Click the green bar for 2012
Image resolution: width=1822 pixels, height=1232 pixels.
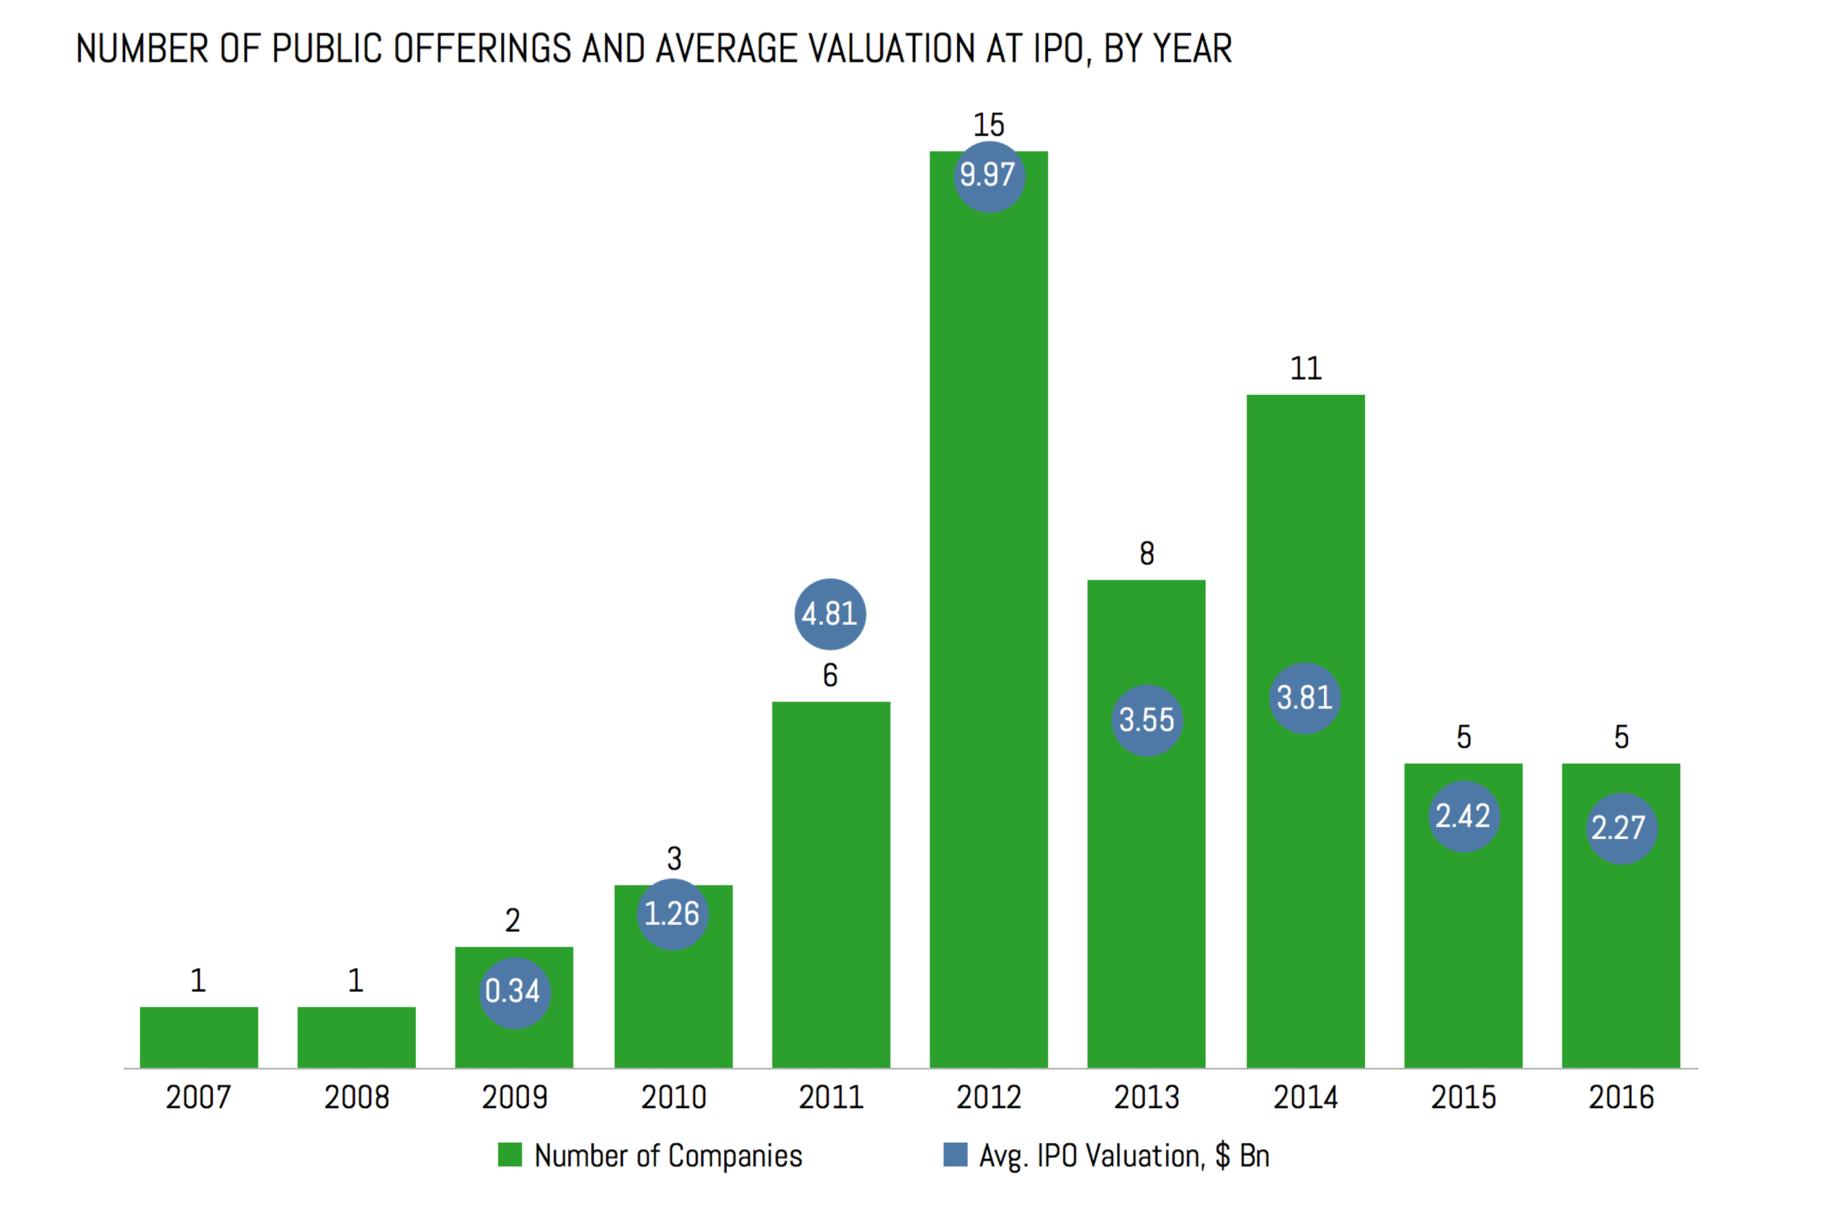coord(988,628)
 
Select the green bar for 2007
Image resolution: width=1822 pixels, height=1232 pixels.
coord(198,1037)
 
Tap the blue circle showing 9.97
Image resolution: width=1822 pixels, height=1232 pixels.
coord(988,176)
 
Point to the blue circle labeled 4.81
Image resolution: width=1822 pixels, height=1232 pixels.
coord(829,614)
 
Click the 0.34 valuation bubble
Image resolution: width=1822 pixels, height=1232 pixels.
coord(515,992)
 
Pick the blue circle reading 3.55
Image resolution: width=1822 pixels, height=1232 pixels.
coord(1146,720)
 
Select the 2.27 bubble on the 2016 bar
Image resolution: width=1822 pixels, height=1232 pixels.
coord(1621,828)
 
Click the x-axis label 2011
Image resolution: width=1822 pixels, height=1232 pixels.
coord(830,1097)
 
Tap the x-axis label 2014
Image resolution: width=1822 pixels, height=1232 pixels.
coord(1305,1097)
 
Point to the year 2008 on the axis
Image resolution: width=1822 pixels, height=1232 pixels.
coord(356,1097)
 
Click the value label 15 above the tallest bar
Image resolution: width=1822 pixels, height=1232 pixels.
coord(988,125)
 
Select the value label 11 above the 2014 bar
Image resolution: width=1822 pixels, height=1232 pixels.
coord(1305,369)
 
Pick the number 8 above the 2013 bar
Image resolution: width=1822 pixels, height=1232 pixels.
coord(1146,553)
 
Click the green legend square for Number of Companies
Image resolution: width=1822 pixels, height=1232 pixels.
coord(509,1155)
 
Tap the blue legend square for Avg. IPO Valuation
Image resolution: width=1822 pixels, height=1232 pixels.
coord(955,1155)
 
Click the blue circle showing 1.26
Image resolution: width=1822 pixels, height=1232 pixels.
coord(672,913)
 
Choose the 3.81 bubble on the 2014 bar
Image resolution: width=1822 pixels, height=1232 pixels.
coord(1305,697)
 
